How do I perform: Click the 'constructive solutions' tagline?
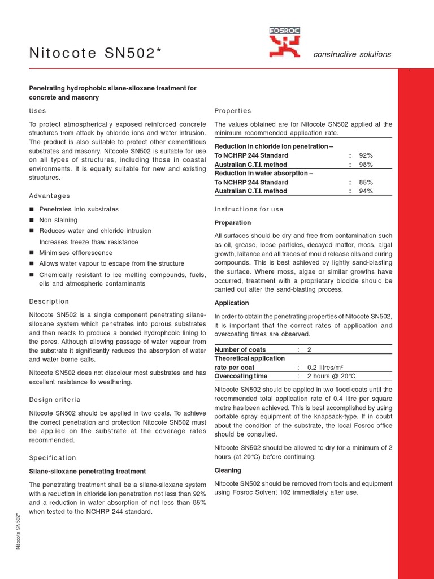pos(353,54)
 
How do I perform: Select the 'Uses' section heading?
pos(37,111)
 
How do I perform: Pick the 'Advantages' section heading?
pos(49,196)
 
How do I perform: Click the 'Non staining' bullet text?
pos(58,220)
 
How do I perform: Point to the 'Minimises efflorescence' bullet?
pos(76,253)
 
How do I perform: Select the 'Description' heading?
pos(49,301)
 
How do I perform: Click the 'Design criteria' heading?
pos(54,400)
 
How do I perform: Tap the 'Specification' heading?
pos(52,457)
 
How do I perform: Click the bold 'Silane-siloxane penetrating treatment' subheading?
pos(87,471)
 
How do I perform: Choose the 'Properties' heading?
pos(233,111)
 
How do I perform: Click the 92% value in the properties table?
pos(366,155)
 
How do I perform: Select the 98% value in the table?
pos(366,165)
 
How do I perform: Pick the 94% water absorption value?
pos(366,191)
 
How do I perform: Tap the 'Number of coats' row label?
pos(240,349)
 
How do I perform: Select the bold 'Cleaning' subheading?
pos(228,470)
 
